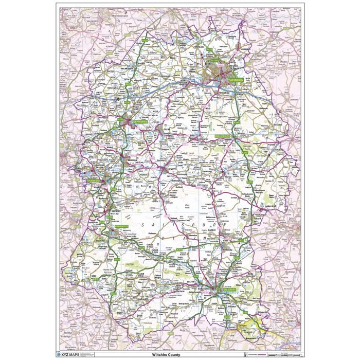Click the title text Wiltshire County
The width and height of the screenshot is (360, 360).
(x=179, y=355)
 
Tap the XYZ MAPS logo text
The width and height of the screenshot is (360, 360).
(x=75, y=355)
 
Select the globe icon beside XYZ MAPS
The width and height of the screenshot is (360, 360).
(x=60, y=355)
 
